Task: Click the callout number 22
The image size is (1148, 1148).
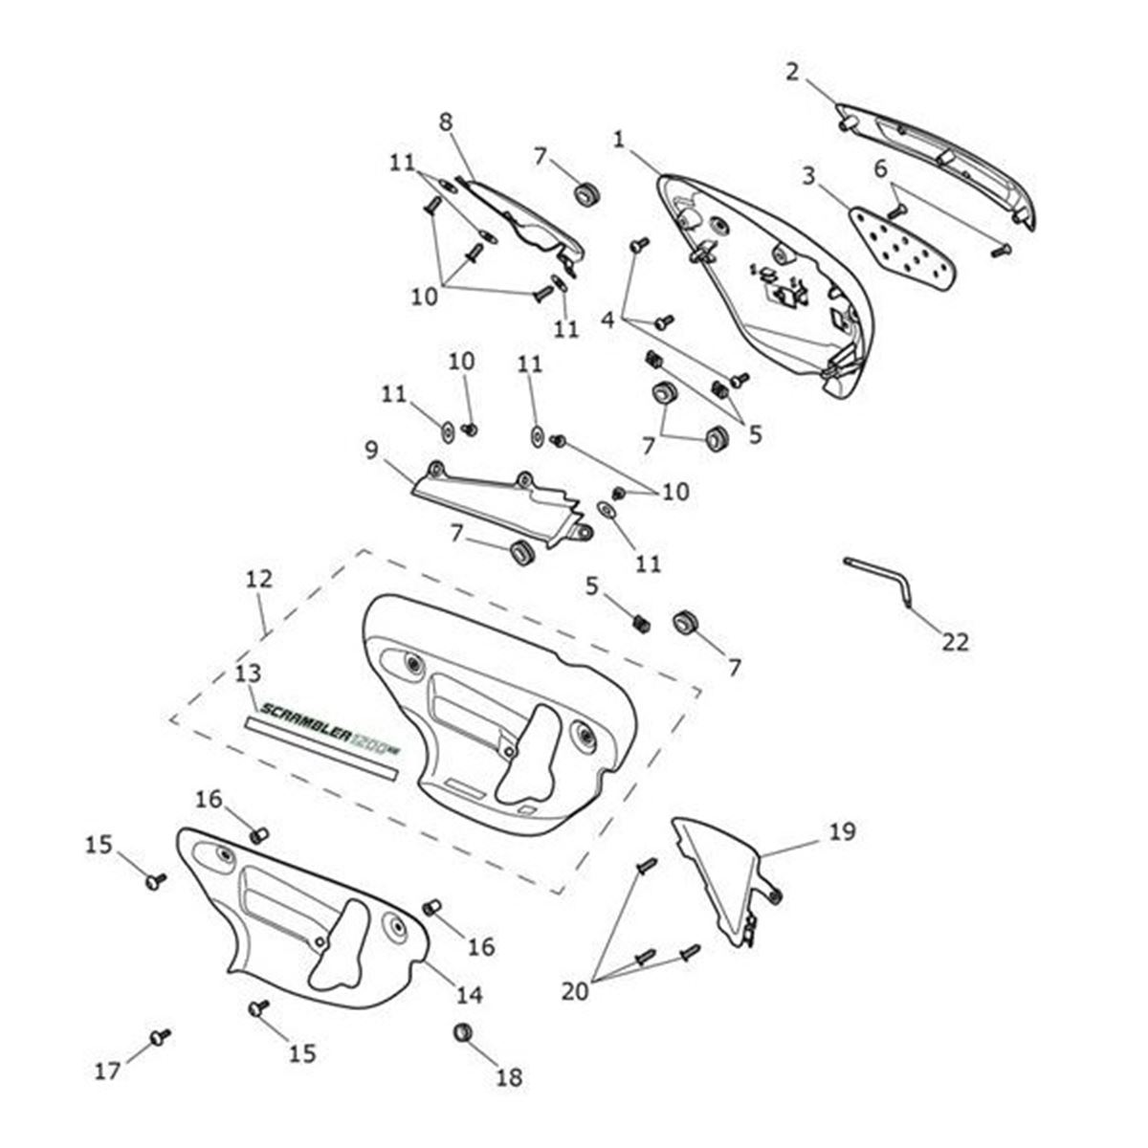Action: (954, 641)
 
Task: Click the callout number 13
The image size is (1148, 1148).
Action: (246, 675)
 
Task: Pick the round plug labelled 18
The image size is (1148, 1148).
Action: (464, 1032)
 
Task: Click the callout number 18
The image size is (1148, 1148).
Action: (509, 1077)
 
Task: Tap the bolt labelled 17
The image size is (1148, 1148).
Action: (160, 1036)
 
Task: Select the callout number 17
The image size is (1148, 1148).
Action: (107, 1071)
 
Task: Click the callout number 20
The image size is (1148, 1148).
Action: (575, 992)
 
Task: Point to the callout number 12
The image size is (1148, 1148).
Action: (258, 579)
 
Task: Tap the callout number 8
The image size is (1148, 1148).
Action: (445, 122)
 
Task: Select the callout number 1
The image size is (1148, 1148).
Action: (619, 140)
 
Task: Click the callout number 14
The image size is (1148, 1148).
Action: (468, 995)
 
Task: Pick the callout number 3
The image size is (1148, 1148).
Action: (809, 176)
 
